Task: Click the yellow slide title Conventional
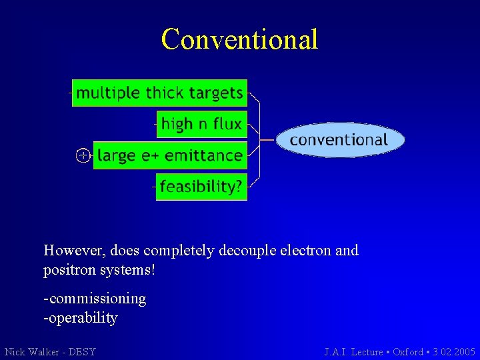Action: point(239,39)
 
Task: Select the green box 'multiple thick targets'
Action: point(160,93)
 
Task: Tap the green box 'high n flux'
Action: point(201,124)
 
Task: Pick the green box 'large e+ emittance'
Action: point(170,155)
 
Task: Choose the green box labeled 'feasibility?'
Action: point(201,187)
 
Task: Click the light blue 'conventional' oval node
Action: point(339,139)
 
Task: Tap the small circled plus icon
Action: point(82,156)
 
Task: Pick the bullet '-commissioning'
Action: point(95,299)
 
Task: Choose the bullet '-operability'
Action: point(81,318)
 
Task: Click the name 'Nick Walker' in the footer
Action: point(32,351)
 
